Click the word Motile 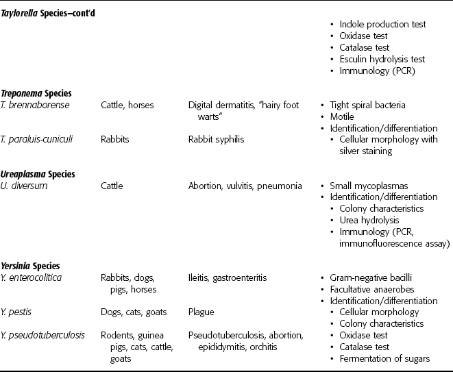tap(345, 116)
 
